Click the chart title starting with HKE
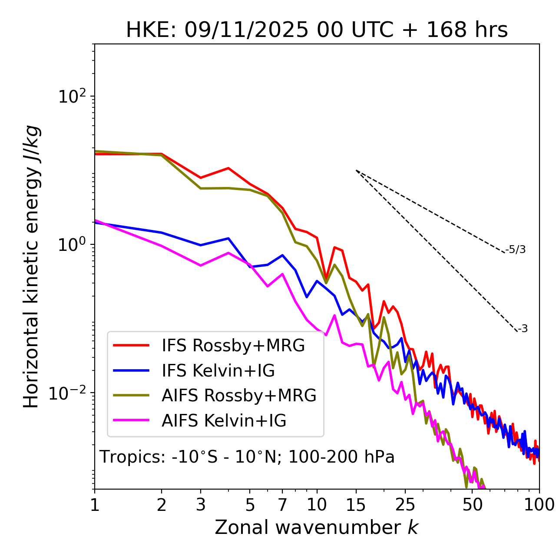(x=317, y=30)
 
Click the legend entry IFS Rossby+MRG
(x=233, y=346)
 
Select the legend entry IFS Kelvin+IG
(x=218, y=371)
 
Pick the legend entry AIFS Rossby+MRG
(x=239, y=396)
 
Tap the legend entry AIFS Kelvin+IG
(x=224, y=421)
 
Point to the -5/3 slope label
(x=516, y=250)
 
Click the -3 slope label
(x=523, y=329)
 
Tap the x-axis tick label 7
(x=282, y=505)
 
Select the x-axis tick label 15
(x=356, y=505)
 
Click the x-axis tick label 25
(x=405, y=505)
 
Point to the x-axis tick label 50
(x=473, y=505)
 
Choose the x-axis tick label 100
(x=539, y=505)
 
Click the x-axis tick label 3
(x=201, y=505)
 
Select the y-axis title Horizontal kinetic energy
(x=32, y=267)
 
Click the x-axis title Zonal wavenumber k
(x=317, y=528)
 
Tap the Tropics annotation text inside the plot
(x=247, y=457)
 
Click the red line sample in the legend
(x=131, y=346)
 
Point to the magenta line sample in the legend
(x=131, y=421)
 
